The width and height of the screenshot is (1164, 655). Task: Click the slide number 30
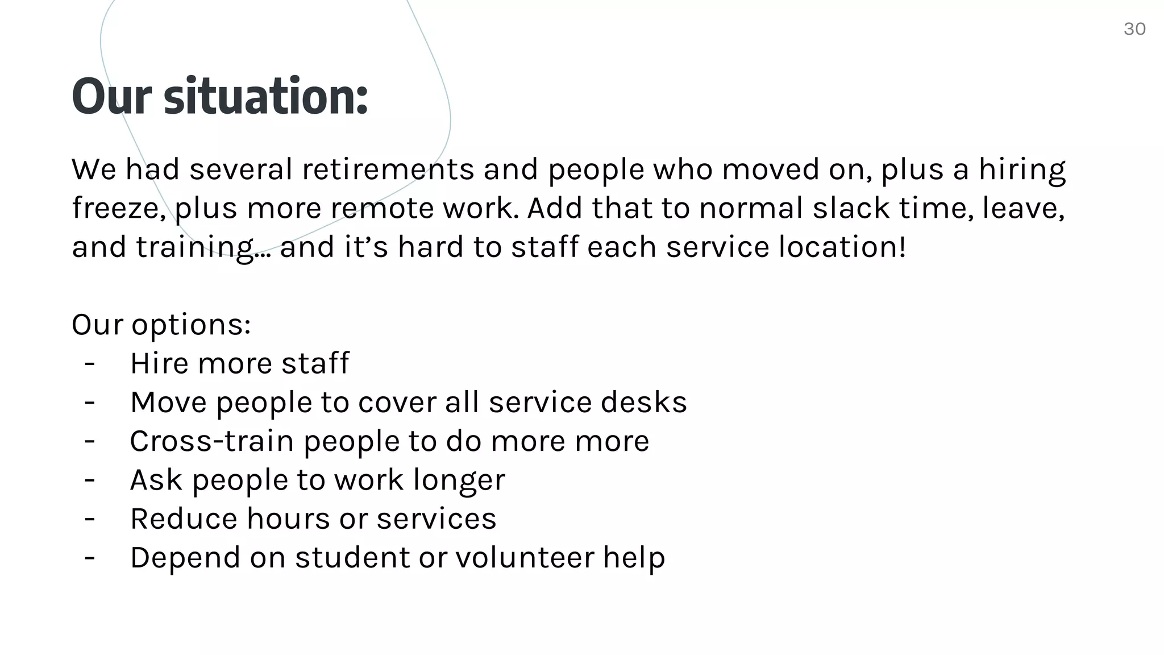(1134, 29)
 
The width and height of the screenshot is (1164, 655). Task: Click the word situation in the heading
(266, 97)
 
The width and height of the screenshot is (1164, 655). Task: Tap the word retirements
(388, 169)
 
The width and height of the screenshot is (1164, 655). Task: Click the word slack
(851, 208)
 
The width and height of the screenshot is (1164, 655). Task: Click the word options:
(191, 325)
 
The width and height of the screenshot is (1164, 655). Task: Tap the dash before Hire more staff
(89, 363)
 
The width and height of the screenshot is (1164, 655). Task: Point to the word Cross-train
(211, 441)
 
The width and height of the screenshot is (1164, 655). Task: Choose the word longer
(459, 480)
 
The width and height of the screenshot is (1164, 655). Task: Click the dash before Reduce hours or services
(89, 518)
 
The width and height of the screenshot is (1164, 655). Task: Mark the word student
(352, 557)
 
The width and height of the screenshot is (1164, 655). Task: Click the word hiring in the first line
(1022, 170)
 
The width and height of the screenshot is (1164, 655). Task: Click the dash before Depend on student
(89, 557)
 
